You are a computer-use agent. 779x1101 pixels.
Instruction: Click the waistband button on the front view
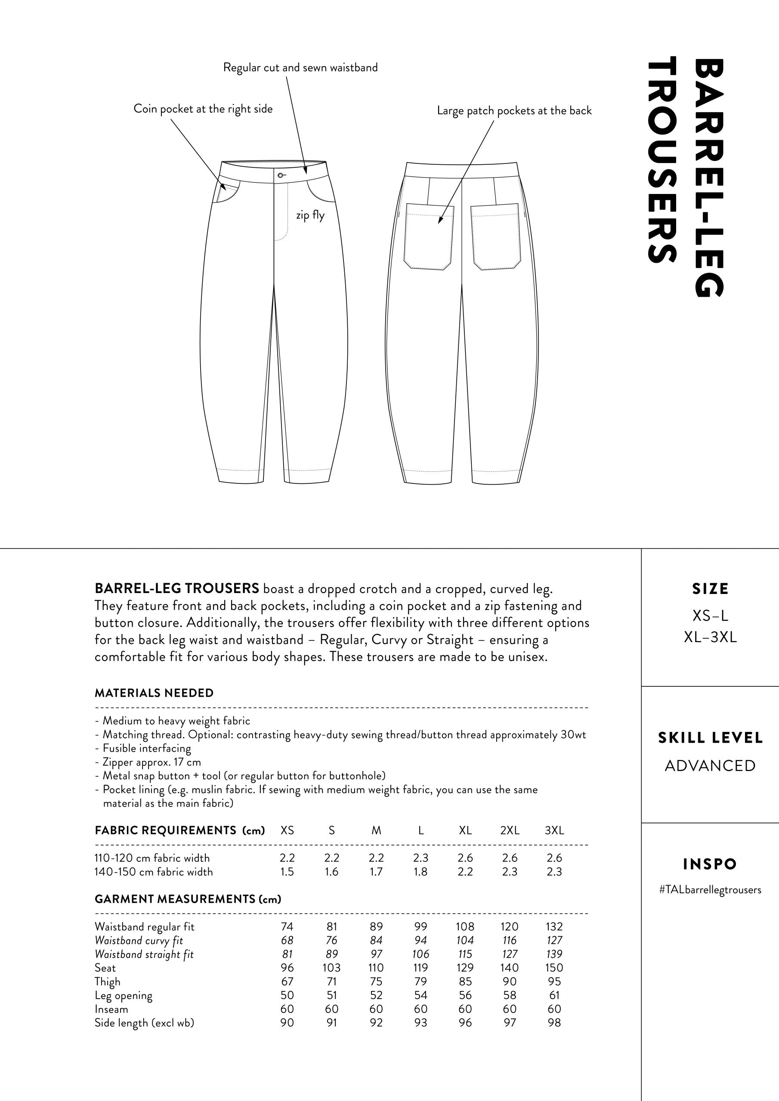[x=280, y=175]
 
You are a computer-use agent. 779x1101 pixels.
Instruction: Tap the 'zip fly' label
[x=310, y=215]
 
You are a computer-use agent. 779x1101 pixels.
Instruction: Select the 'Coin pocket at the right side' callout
[x=203, y=109]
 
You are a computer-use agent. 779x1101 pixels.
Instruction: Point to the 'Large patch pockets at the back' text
[x=514, y=111]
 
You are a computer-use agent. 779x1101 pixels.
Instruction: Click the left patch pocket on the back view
[x=429, y=237]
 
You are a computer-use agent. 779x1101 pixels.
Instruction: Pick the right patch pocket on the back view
[x=495, y=237]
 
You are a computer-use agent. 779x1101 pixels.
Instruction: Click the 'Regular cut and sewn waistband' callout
[x=300, y=68]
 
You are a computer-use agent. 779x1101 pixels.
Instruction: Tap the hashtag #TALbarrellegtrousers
[x=710, y=890]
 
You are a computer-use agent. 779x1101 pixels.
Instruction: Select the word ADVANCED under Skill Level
[x=710, y=766]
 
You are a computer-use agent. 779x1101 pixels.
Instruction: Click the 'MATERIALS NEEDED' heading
[x=154, y=693]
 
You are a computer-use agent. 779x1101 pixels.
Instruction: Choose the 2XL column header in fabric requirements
[x=510, y=830]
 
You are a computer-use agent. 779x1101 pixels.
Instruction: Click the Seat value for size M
[x=376, y=968]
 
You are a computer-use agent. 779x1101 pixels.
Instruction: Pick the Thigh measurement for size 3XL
[x=554, y=981]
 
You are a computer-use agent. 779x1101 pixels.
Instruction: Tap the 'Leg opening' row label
[x=124, y=996]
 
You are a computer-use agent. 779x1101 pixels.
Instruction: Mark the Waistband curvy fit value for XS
[x=287, y=940]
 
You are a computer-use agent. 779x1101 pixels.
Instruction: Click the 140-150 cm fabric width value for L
[x=420, y=872]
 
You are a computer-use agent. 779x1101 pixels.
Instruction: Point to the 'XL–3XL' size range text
[x=710, y=637]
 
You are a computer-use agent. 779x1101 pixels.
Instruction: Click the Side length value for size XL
[x=465, y=1023]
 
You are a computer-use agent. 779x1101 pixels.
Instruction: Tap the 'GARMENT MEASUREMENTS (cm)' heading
[x=188, y=899]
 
